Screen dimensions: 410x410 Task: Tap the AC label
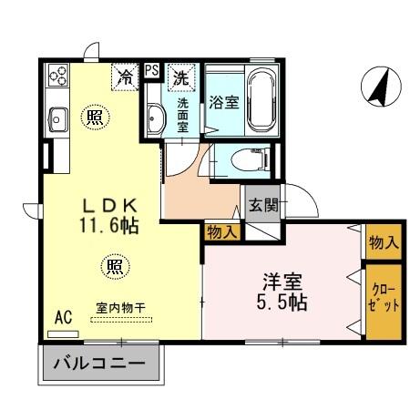(x=63, y=317)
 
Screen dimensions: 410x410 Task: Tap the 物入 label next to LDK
(x=221, y=232)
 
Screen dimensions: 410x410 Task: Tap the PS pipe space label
(x=151, y=69)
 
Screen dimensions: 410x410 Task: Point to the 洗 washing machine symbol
(x=181, y=77)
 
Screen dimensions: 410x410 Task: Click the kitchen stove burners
(x=56, y=75)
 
